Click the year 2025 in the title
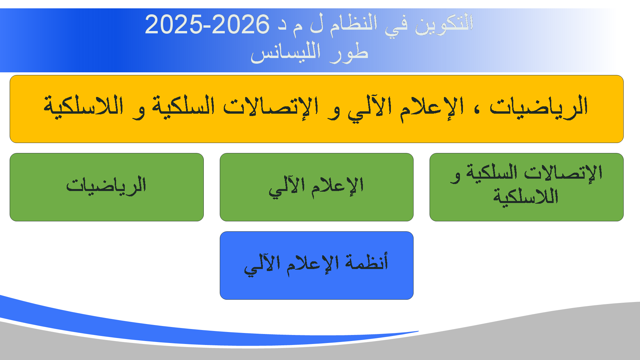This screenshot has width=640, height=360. [x=173, y=24]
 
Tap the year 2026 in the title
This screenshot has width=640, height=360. [x=240, y=24]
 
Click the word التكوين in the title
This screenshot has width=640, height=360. [x=444, y=23]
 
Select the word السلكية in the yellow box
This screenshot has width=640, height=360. [x=183, y=106]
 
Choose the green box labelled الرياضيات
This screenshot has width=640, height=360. [x=107, y=187]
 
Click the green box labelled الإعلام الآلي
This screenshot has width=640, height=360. [x=316, y=187]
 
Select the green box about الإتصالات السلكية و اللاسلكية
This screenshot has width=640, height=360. [x=526, y=187]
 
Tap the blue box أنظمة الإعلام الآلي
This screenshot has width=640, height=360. [x=316, y=265]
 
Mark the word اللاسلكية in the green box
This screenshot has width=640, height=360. [x=526, y=196]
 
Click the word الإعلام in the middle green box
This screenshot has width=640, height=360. [x=337, y=186]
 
